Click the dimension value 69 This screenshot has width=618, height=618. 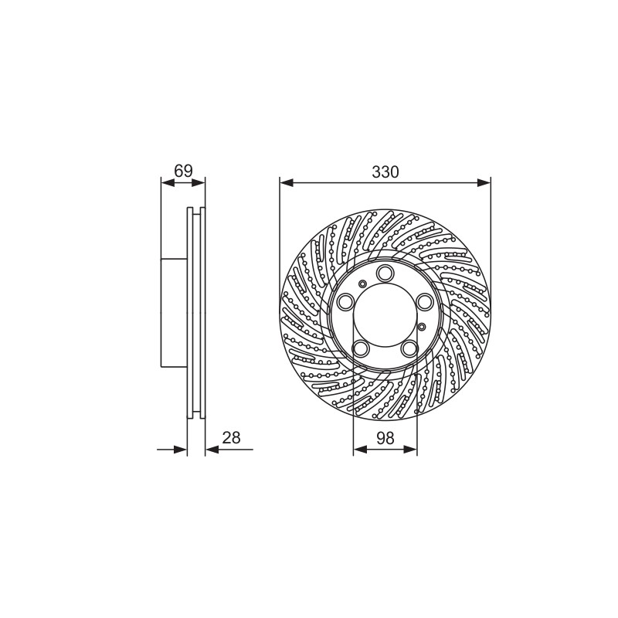click(x=183, y=171)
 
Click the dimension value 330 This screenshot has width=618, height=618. click(x=385, y=171)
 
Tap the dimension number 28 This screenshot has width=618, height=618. click(x=231, y=437)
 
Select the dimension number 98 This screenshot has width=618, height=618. click(x=385, y=437)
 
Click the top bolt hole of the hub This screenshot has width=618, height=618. click(x=385, y=273)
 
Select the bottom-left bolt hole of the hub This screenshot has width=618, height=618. click(x=361, y=348)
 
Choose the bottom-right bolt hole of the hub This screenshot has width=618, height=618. click(x=409, y=348)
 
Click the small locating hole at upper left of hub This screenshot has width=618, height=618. click(x=362, y=284)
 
